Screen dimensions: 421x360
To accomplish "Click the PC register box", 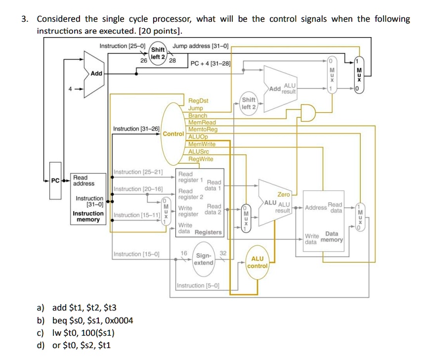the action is point(55,180).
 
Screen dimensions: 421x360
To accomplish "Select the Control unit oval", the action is point(173,134).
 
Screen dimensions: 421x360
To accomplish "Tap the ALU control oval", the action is point(257,262).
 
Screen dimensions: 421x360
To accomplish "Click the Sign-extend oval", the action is point(204,259).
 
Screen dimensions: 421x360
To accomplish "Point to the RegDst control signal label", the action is point(198,100).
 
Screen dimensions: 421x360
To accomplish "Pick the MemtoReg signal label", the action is point(203,129).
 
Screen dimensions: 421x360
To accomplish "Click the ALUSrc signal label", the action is point(199,151).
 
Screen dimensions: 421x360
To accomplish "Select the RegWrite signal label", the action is point(201,159).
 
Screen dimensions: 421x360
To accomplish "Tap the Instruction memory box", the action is point(88,199).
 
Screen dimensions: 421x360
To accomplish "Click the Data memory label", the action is point(332,237).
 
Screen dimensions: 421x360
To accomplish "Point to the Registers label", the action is point(208,232).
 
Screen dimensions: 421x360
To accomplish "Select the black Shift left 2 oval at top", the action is point(158,53).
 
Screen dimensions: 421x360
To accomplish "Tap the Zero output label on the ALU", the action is point(284,194).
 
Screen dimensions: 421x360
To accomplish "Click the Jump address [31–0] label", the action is point(200,46).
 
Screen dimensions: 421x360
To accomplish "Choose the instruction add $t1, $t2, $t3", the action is point(84,308).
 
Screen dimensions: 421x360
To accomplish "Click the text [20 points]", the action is point(160,31).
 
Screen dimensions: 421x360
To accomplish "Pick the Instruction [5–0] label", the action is point(198,285).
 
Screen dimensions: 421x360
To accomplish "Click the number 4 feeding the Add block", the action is point(70,89).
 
